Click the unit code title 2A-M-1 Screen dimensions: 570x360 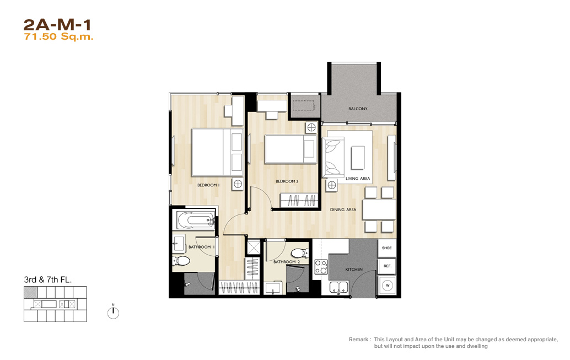coord(57,25)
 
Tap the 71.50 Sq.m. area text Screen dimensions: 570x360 coord(58,37)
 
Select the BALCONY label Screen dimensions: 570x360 coord(358,109)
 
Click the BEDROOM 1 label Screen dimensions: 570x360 coord(208,185)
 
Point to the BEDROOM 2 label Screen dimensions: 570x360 coord(287,181)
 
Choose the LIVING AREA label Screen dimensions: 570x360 coord(358,179)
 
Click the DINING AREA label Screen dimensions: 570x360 coord(343,209)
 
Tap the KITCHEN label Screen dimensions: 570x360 coord(354,270)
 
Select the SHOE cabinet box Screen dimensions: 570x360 coord(387,248)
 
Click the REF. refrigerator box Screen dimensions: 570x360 coord(387,266)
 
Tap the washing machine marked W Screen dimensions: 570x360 coord(387,286)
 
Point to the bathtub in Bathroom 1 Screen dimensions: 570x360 coord(196,220)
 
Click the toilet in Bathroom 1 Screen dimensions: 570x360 coord(181,260)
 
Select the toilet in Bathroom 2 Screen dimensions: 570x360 coord(300,252)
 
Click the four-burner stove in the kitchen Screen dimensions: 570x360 coord(321,267)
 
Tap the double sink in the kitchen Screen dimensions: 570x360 coord(339,287)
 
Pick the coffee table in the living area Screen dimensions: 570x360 coord(358,158)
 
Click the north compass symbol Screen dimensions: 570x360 coord(113,312)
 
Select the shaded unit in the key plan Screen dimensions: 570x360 coord(30,292)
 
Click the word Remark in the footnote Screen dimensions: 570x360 coord(358,339)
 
